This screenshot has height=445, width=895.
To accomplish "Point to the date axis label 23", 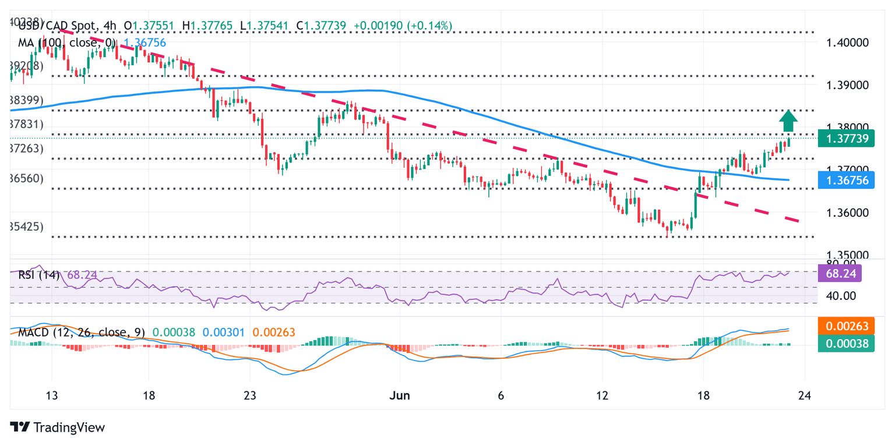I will [250, 395].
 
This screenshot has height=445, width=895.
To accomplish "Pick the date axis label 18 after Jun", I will [704, 395].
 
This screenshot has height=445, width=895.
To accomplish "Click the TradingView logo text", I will [69, 428].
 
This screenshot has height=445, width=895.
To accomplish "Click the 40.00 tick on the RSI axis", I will [840, 296].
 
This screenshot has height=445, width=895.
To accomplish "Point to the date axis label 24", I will [805, 395].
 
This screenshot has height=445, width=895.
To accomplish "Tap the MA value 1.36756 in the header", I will [144, 43].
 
